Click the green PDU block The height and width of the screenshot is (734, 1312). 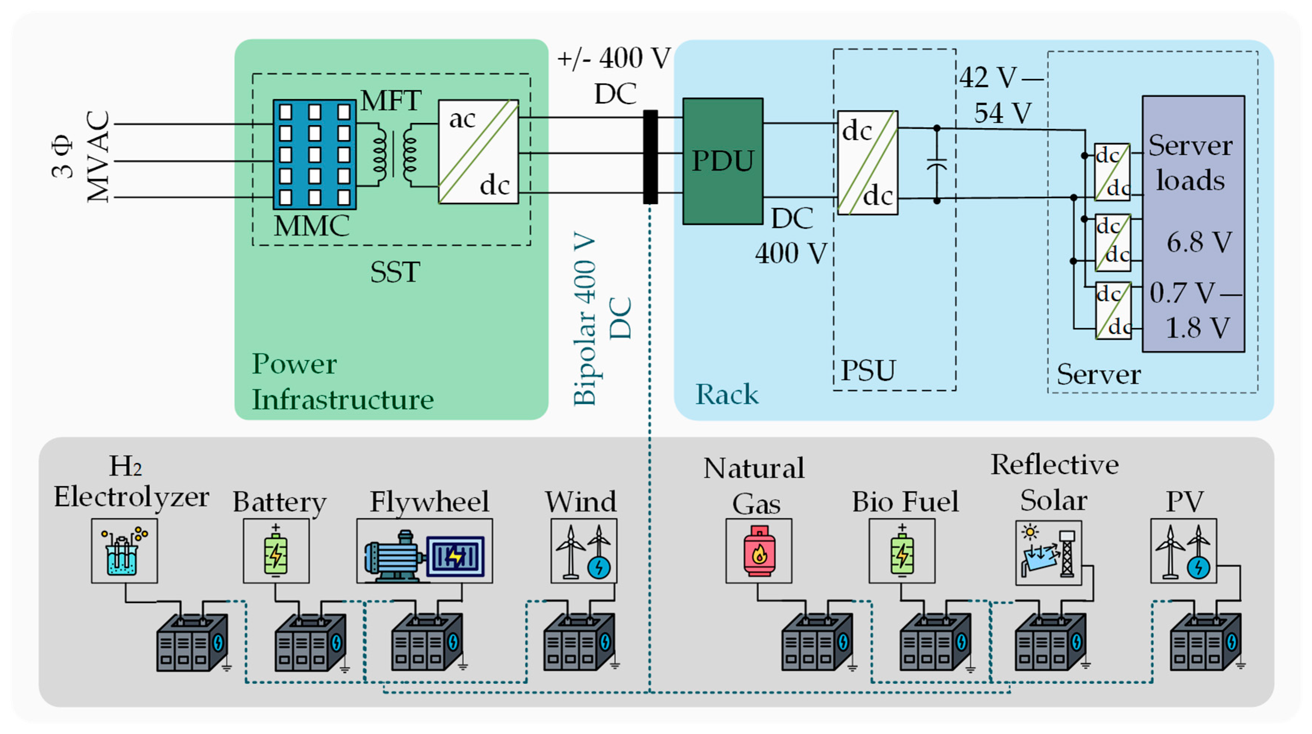[722, 161]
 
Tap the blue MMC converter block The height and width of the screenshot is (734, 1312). [314, 154]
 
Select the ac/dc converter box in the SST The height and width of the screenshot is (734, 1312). [478, 152]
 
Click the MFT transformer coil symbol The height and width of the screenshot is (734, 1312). [394, 154]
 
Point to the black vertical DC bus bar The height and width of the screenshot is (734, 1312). [650, 157]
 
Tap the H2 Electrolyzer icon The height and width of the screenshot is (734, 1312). [124, 551]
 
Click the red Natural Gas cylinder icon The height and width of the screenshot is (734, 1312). [759, 551]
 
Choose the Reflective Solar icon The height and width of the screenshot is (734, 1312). [1048, 552]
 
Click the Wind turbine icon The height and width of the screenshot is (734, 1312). [584, 551]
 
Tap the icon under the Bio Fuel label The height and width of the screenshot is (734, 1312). [901, 551]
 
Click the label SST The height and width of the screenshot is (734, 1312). [395, 272]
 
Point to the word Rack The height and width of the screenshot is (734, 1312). [727, 394]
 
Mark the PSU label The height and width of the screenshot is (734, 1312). [867, 370]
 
